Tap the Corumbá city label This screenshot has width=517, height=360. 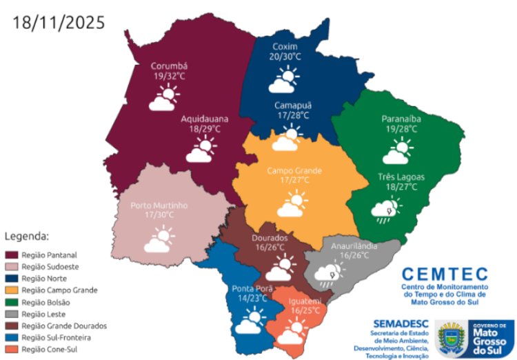pos(170,66)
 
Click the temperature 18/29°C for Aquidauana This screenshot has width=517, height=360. pos(205,128)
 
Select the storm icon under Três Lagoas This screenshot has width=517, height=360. pos(385,210)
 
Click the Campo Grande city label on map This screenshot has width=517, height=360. pos(295,170)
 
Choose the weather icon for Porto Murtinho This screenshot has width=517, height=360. pos(158,241)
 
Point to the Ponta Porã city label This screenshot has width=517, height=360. pos(252,289)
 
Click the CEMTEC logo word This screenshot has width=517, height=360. pos(444,274)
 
